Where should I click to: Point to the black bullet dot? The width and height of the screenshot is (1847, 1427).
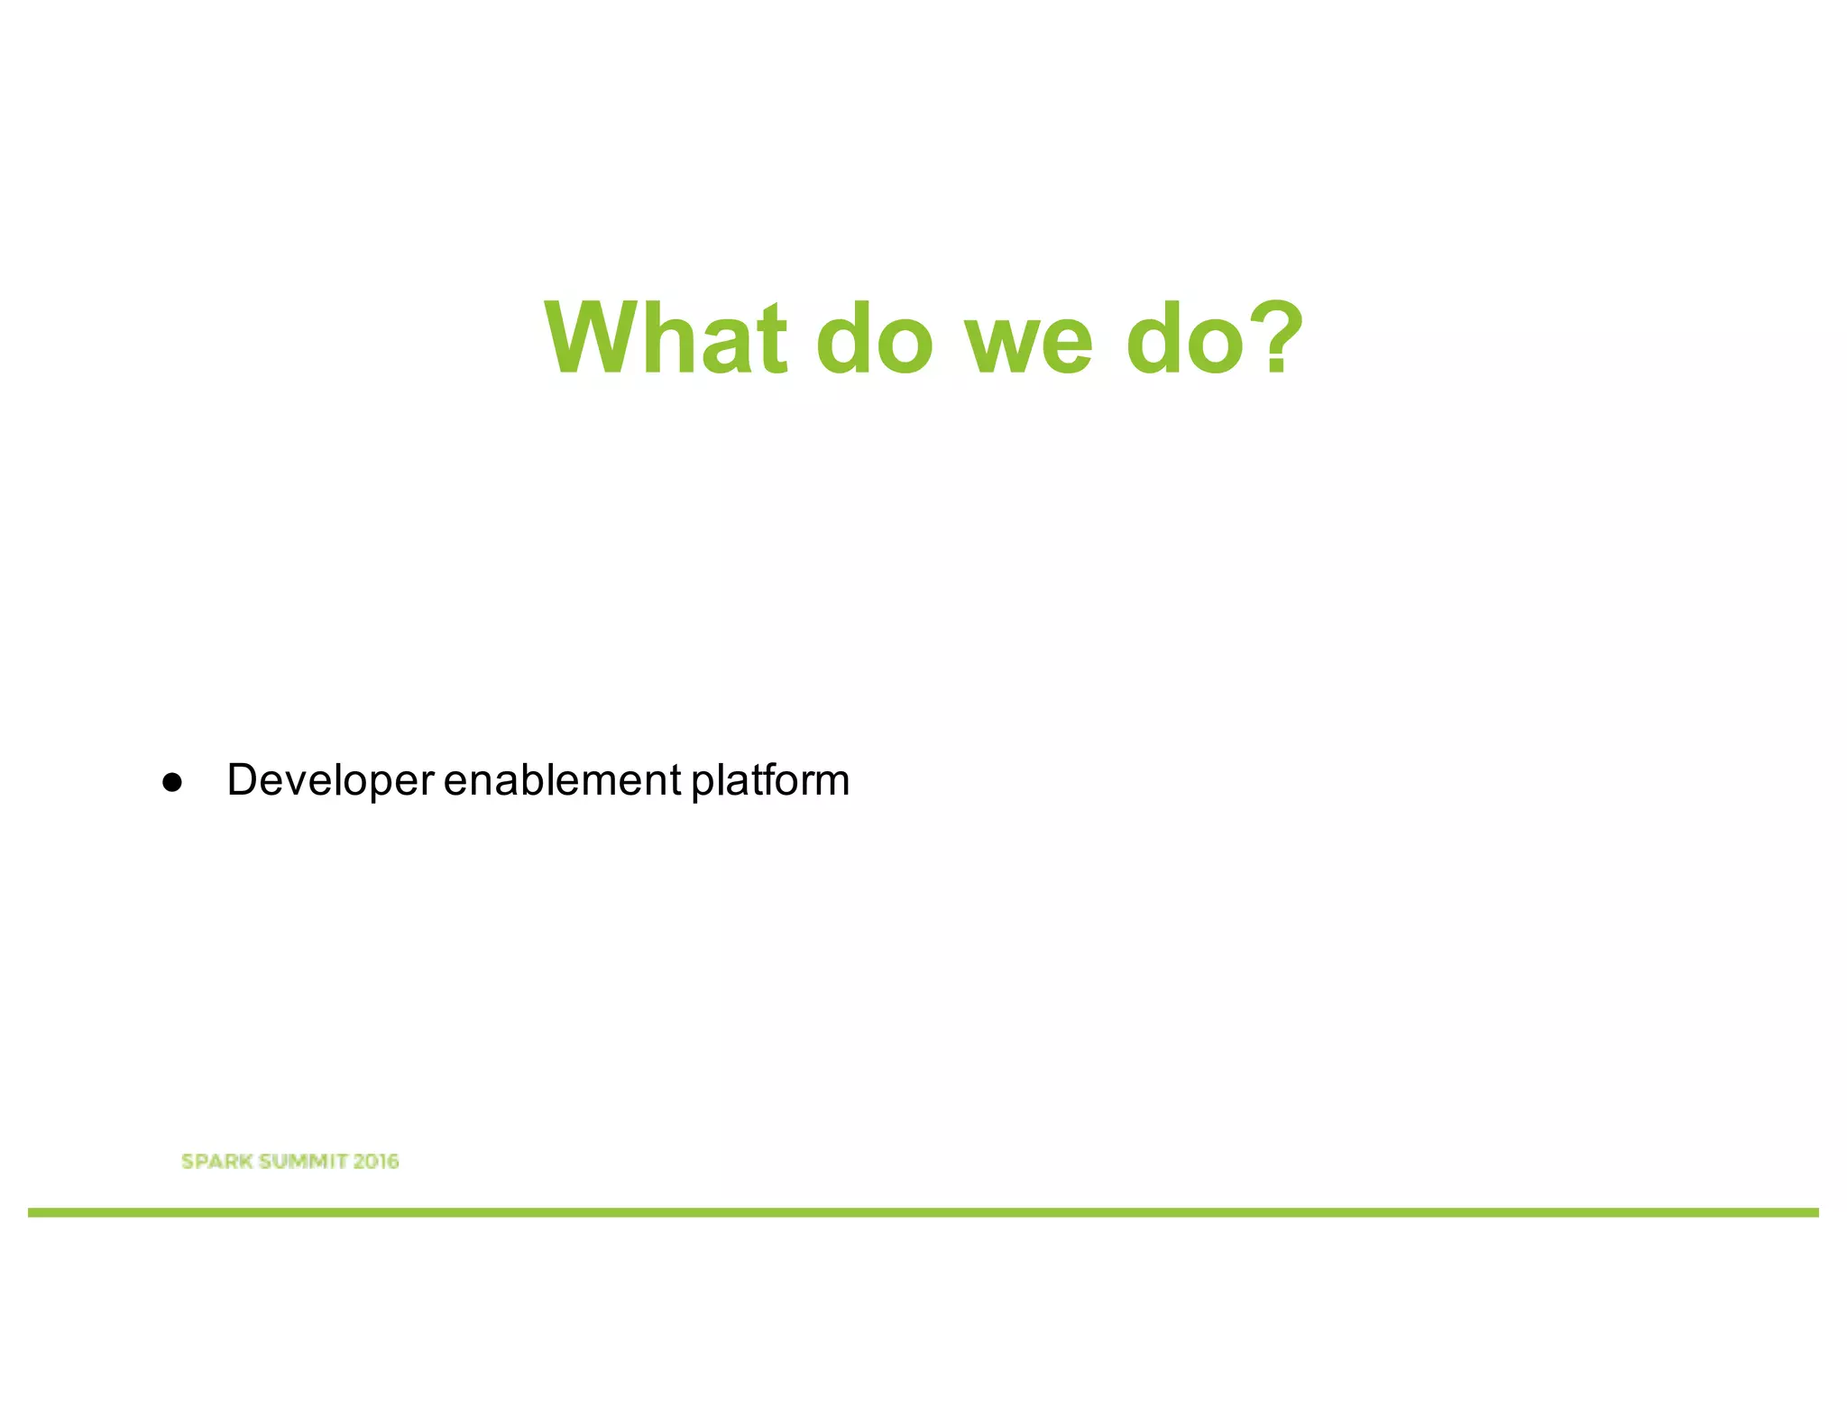172,783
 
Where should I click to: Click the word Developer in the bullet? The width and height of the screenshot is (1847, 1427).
330,780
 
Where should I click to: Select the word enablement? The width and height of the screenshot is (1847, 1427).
562,780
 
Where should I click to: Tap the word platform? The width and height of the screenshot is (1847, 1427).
770,780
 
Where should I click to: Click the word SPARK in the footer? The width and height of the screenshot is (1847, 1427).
216,1161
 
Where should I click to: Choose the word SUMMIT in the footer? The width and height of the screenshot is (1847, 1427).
303,1161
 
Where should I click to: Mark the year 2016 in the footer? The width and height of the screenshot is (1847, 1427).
376,1161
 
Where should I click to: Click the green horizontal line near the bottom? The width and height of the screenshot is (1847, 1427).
923,1212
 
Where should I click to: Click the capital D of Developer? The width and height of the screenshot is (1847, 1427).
244,780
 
